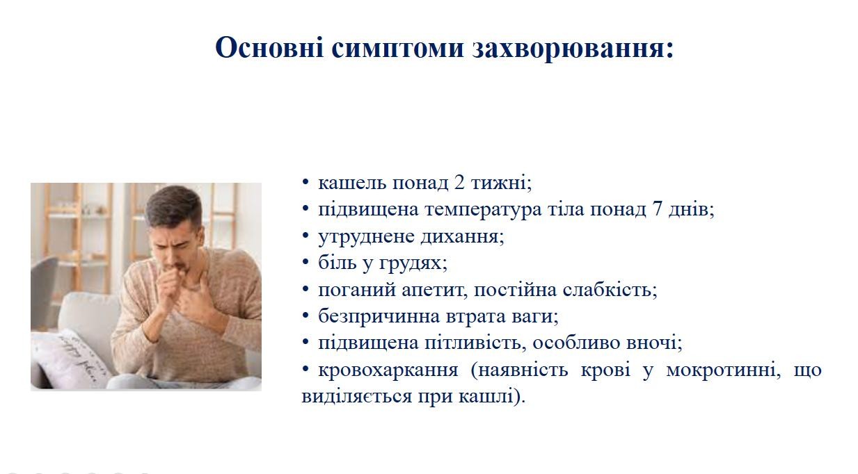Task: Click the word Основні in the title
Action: (x=270, y=47)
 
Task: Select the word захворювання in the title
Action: (x=573, y=49)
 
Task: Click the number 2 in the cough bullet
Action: (x=459, y=183)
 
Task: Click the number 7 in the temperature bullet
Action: (x=657, y=210)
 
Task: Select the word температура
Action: (x=484, y=211)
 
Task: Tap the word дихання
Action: (x=462, y=237)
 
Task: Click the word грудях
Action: (x=413, y=263)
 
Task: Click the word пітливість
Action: (x=474, y=343)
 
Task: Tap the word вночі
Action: (x=654, y=343)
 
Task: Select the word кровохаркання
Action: (x=388, y=370)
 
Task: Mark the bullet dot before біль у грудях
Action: (x=305, y=262)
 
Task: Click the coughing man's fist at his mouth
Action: (x=170, y=281)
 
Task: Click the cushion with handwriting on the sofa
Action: (x=71, y=359)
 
